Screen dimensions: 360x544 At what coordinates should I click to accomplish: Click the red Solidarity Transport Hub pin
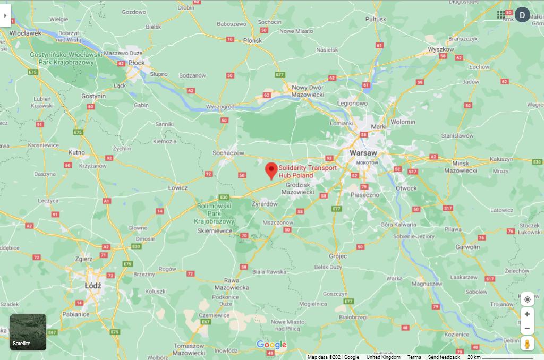pyautogui.click(x=271, y=170)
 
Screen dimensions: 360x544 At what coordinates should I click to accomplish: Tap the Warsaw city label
pyautogui.click(x=363, y=152)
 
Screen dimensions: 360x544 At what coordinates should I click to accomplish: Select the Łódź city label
pyautogui.click(x=93, y=285)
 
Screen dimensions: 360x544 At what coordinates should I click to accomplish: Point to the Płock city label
pyautogui.click(x=137, y=63)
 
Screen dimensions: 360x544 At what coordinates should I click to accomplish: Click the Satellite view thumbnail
pyautogui.click(x=28, y=332)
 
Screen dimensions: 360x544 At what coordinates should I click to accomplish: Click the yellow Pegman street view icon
pyautogui.click(x=527, y=344)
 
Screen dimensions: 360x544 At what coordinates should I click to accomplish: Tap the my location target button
pyautogui.click(x=527, y=299)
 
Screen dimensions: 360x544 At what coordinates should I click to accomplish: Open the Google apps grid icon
pyautogui.click(x=501, y=15)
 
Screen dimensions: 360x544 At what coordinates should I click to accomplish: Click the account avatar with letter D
pyautogui.click(x=522, y=15)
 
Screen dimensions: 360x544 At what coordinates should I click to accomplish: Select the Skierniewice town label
pyautogui.click(x=215, y=231)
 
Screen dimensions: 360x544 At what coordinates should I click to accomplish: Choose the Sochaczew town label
pyautogui.click(x=228, y=153)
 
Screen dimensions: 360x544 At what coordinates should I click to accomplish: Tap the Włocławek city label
pyautogui.click(x=25, y=33)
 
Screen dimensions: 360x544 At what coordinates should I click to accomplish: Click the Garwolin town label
pyautogui.click(x=467, y=247)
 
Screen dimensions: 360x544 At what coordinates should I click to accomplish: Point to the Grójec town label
pyautogui.click(x=338, y=256)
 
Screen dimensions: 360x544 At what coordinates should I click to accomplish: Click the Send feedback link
pyautogui.click(x=444, y=357)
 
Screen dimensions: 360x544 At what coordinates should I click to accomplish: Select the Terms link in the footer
pyautogui.click(x=414, y=357)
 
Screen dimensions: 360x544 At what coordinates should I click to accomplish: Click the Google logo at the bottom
pyautogui.click(x=271, y=345)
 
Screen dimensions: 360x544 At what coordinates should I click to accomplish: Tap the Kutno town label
pyautogui.click(x=77, y=152)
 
